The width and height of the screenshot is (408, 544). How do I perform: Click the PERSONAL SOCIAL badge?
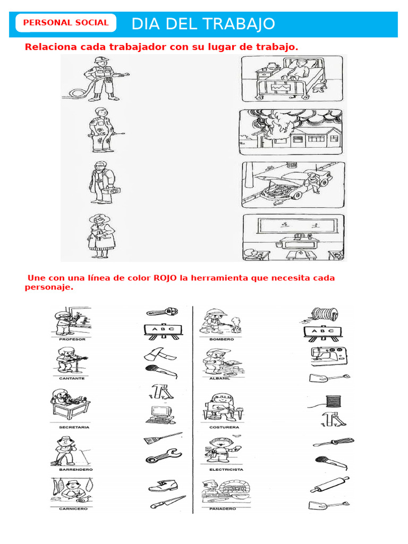click(x=66, y=23)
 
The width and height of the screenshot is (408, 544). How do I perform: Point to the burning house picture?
click(x=291, y=132)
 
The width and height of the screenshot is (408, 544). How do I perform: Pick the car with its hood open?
click(x=293, y=184)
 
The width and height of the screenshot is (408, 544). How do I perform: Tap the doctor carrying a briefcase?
click(x=100, y=183)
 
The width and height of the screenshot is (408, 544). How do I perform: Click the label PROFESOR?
click(x=72, y=338)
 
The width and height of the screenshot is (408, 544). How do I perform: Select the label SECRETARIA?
click(x=74, y=427)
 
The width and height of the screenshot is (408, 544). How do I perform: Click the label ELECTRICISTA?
click(x=226, y=470)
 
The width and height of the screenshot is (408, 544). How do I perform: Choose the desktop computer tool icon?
click(x=161, y=413)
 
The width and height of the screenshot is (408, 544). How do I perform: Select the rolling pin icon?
click(x=330, y=484)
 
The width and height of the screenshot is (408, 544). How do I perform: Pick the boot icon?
click(x=163, y=486)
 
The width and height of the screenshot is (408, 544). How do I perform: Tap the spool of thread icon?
click(x=332, y=401)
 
